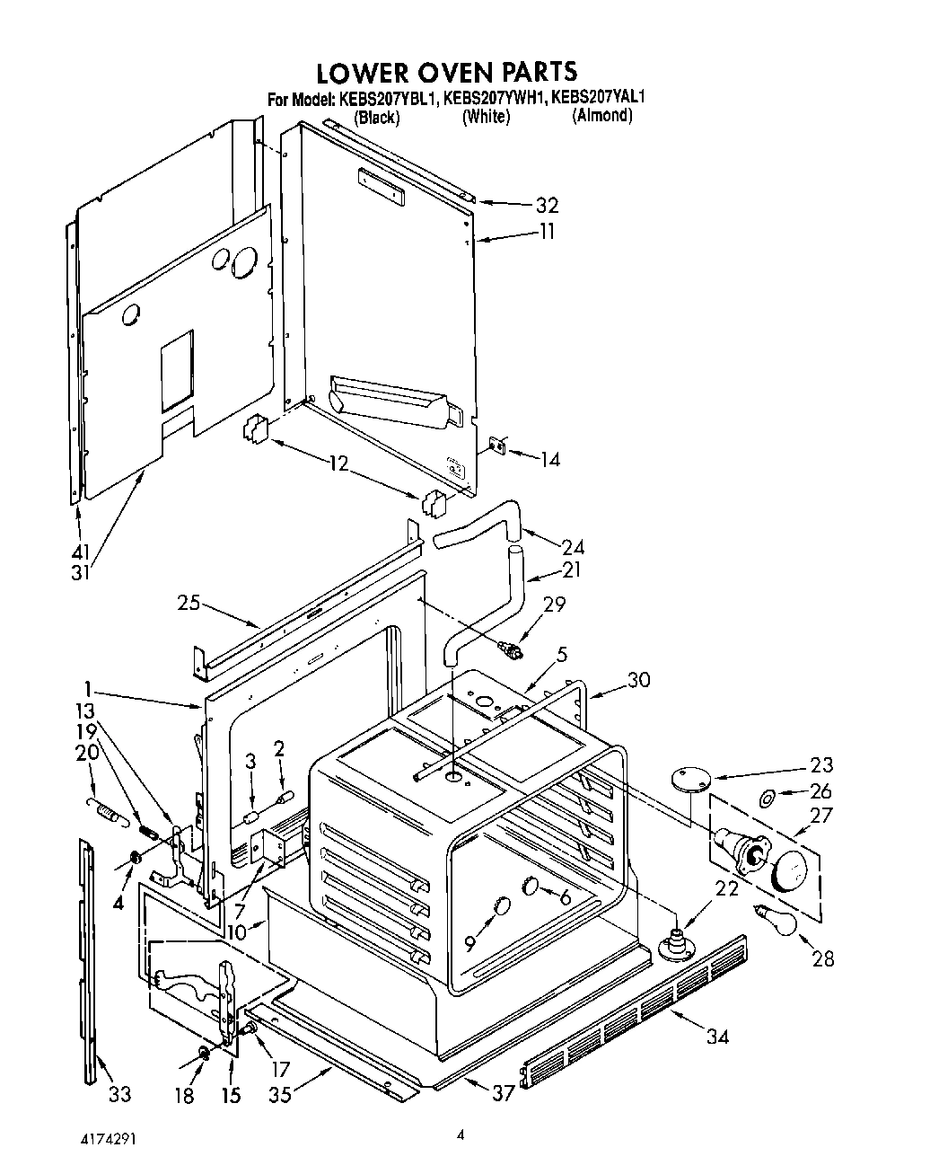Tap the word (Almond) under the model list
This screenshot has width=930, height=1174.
pyautogui.click(x=601, y=116)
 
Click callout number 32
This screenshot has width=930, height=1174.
pyautogui.click(x=547, y=205)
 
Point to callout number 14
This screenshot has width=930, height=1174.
pyautogui.click(x=549, y=460)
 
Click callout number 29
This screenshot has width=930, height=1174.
pyautogui.click(x=554, y=605)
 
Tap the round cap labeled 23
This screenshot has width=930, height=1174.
pyautogui.click(x=689, y=778)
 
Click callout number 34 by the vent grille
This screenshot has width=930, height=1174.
pyautogui.click(x=716, y=1037)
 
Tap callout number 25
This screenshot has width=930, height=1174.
pyautogui.click(x=189, y=603)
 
